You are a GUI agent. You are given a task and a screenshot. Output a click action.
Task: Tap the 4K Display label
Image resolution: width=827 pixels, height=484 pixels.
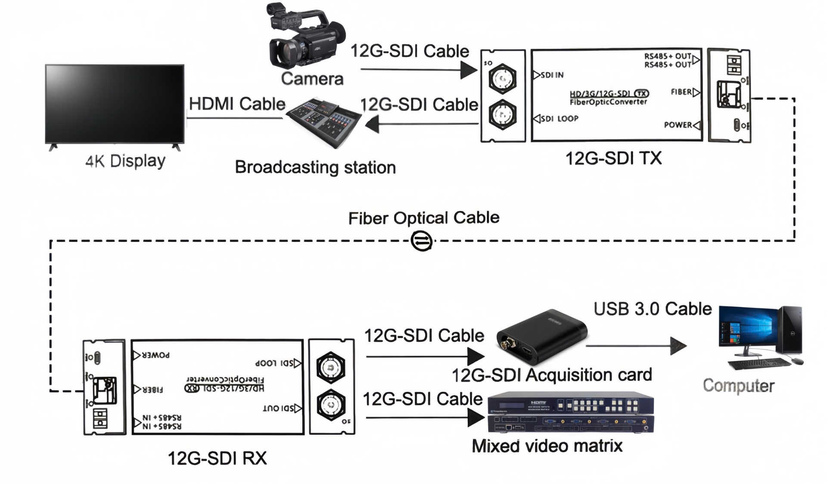[x=125, y=161]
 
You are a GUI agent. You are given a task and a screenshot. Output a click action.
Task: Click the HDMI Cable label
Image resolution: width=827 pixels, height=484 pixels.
[x=237, y=104]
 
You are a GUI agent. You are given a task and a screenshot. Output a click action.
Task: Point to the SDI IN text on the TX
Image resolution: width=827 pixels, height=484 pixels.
[x=552, y=75]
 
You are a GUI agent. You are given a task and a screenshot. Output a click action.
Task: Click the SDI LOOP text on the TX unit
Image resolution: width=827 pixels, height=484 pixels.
[x=559, y=118]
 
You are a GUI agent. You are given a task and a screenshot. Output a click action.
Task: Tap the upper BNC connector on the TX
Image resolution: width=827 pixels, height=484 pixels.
[x=502, y=78]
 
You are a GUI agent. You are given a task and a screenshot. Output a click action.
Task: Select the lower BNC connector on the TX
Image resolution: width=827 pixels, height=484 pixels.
[x=502, y=115]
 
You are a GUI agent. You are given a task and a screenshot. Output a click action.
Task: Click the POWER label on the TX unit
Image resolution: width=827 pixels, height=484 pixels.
[x=678, y=125]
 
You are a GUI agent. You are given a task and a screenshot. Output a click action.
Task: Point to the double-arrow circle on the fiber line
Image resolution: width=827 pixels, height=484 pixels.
[x=421, y=241]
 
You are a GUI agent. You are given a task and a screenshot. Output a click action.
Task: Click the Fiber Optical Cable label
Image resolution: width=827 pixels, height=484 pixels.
[x=424, y=218]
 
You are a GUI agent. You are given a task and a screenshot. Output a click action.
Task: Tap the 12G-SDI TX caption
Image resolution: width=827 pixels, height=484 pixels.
[x=613, y=158]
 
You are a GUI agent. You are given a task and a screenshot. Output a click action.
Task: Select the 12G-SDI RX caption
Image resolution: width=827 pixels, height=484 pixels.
[x=217, y=458]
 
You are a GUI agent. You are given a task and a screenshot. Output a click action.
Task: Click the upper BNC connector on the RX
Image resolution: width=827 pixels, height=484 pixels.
[x=330, y=368]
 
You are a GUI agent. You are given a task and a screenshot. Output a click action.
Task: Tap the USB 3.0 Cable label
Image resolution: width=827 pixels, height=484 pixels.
[x=653, y=309]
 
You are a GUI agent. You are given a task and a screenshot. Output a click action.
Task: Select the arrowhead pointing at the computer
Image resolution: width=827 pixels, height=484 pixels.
[x=678, y=346]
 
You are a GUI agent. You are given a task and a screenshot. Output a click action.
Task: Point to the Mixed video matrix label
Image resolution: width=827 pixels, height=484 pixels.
[x=547, y=446]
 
